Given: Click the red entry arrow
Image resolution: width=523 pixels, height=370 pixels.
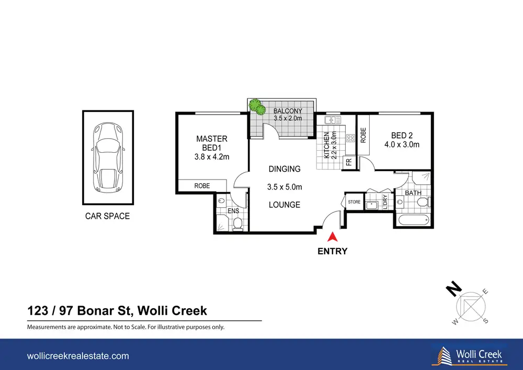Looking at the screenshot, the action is click(x=332, y=237).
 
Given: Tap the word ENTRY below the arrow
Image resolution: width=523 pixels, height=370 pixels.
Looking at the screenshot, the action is click(x=332, y=251).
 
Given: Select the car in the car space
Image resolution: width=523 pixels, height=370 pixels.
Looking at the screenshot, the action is click(x=107, y=158).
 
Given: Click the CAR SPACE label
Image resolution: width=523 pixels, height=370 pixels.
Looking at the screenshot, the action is click(x=107, y=216).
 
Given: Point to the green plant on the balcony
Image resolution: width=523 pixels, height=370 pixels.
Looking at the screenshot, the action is click(x=257, y=106).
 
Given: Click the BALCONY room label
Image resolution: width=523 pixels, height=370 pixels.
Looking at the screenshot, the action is click(x=288, y=111).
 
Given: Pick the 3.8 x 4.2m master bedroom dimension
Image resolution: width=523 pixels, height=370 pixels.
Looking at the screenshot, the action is click(x=212, y=157).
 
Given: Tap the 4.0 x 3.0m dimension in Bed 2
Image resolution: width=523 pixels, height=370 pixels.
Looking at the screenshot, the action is click(x=402, y=145).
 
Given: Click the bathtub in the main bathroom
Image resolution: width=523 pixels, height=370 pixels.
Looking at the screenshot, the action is click(x=414, y=220).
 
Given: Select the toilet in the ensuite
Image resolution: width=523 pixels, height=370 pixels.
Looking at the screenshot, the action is click(x=238, y=224).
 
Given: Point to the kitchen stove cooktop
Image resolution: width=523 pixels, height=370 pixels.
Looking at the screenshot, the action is click(x=350, y=138).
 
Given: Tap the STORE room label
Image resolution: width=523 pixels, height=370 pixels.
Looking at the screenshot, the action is click(x=354, y=202).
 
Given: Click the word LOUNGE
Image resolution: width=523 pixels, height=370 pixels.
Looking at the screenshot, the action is click(x=285, y=205).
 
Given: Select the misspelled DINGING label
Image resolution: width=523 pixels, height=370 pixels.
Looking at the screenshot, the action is click(x=285, y=169).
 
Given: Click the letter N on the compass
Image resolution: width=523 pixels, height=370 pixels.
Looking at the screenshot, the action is click(x=454, y=289).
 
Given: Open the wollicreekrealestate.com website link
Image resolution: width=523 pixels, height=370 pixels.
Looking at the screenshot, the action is click(x=78, y=356).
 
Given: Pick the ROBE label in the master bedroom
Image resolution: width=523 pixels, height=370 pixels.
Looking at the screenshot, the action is click(x=202, y=186).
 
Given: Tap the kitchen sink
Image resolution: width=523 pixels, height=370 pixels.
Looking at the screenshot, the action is click(x=333, y=120).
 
